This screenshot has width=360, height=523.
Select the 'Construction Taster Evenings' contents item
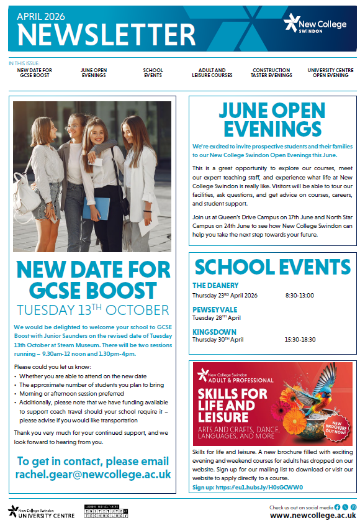271,73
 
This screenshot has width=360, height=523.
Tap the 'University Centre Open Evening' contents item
331,73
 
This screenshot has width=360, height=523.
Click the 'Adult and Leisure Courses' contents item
212,73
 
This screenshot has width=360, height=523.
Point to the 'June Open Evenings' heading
272,119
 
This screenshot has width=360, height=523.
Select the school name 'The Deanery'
215,286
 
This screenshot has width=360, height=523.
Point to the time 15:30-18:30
301,340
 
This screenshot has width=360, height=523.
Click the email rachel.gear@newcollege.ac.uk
93,475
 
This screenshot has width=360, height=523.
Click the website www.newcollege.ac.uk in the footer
313,515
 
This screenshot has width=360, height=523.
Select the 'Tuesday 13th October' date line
93,309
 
